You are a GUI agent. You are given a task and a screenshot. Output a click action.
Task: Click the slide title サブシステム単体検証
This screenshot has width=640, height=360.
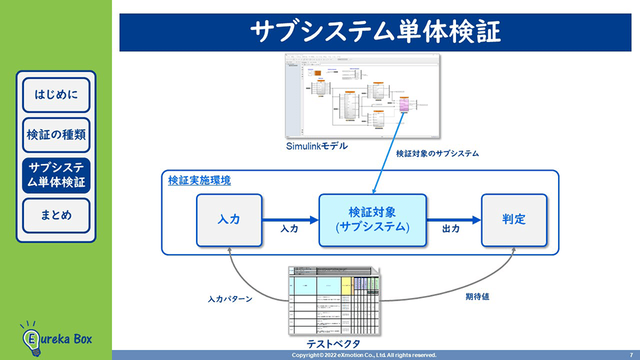(375, 32)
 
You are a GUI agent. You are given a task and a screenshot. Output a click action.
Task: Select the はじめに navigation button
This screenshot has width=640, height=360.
(56, 95)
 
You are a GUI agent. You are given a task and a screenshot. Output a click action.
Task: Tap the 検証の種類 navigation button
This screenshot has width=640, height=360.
(56, 135)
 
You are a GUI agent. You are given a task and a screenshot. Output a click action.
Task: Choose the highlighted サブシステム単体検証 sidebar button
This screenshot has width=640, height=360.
(56, 175)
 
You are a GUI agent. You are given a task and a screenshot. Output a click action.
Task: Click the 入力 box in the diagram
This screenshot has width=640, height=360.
(229, 219)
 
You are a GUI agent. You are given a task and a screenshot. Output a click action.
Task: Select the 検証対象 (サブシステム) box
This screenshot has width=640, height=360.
(372, 219)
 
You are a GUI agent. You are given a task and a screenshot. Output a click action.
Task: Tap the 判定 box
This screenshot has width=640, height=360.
(514, 219)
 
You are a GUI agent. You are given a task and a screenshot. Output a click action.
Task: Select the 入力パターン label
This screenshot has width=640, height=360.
(229, 299)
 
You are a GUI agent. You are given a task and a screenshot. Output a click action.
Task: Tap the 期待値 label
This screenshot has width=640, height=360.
(477, 297)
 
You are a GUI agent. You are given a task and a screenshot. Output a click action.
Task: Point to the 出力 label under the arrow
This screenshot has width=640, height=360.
(451, 229)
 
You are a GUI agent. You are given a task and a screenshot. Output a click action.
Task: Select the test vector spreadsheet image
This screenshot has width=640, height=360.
(333, 301)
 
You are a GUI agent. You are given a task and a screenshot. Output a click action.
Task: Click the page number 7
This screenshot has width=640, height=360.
(631, 355)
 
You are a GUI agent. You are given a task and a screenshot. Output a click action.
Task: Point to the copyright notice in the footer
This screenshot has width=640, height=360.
(364, 355)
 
